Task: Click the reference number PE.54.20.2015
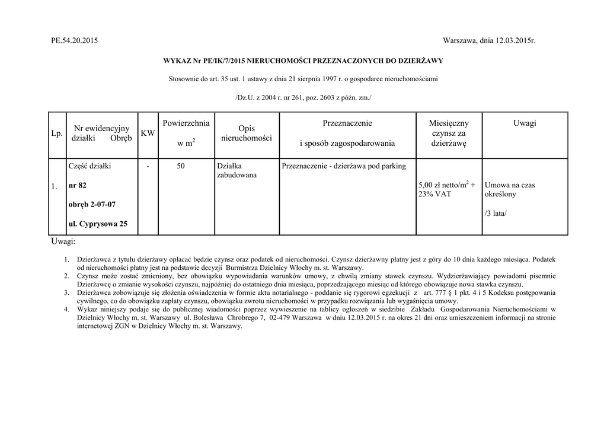click(x=75, y=40)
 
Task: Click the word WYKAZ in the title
click(x=175, y=61)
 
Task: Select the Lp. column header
click(x=57, y=134)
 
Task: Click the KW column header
click(x=148, y=134)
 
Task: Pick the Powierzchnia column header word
click(x=186, y=123)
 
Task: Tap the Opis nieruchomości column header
click(x=246, y=133)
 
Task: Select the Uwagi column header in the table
click(x=525, y=123)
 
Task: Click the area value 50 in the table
click(x=180, y=167)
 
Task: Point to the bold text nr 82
click(x=78, y=186)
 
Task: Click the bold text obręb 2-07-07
click(x=92, y=205)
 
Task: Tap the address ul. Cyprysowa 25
click(x=98, y=224)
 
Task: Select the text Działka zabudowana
click(x=236, y=171)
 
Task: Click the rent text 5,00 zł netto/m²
click(x=444, y=184)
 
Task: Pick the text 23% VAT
click(x=434, y=194)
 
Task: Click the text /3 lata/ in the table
click(x=496, y=213)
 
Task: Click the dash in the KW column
click(x=148, y=167)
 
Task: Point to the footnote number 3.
click(x=66, y=293)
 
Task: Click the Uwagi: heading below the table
click(x=63, y=242)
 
